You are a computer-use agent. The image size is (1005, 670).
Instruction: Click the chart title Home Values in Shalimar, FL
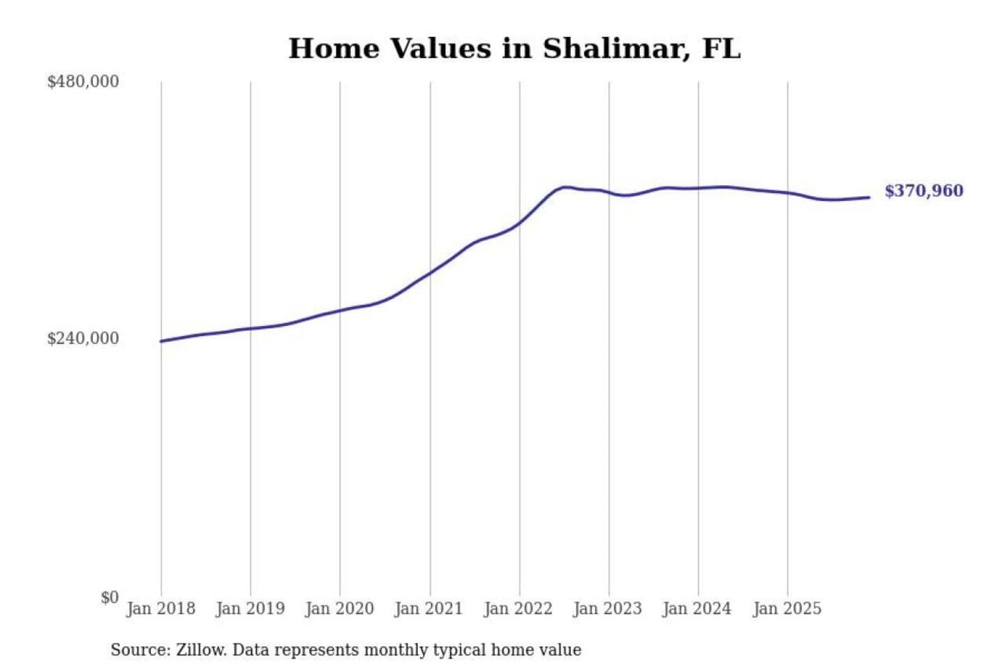point(514,49)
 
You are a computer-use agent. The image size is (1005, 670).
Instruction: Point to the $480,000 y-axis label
point(83,82)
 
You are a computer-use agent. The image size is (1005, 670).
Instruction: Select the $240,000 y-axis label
point(83,338)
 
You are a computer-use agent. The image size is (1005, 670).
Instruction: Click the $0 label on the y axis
point(110,597)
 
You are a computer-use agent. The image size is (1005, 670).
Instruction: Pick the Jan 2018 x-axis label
point(161,609)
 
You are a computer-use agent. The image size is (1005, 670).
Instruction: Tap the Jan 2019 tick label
point(250,609)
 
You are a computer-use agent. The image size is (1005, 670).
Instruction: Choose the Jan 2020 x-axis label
point(339,609)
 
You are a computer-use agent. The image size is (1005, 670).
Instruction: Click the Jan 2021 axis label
point(429,609)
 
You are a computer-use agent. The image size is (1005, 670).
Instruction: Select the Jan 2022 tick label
point(518,609)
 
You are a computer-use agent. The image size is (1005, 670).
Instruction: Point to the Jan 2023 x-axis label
point(607,609)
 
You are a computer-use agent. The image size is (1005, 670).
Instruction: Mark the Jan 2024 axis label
point(697,609)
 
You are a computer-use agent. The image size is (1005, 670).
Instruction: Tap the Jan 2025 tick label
point(787,609)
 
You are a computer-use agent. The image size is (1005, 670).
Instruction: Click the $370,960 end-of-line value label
point(923,191)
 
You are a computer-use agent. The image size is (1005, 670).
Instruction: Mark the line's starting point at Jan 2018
point(161,341)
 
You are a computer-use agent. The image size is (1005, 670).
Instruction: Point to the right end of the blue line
point(869,198)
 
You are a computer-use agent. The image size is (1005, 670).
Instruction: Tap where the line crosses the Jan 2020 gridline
point(340,311)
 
